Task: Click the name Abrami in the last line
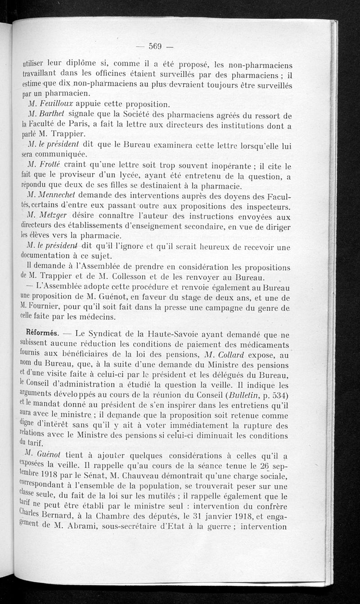(x=99, y=527)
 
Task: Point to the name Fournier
(x=45, y=307)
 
